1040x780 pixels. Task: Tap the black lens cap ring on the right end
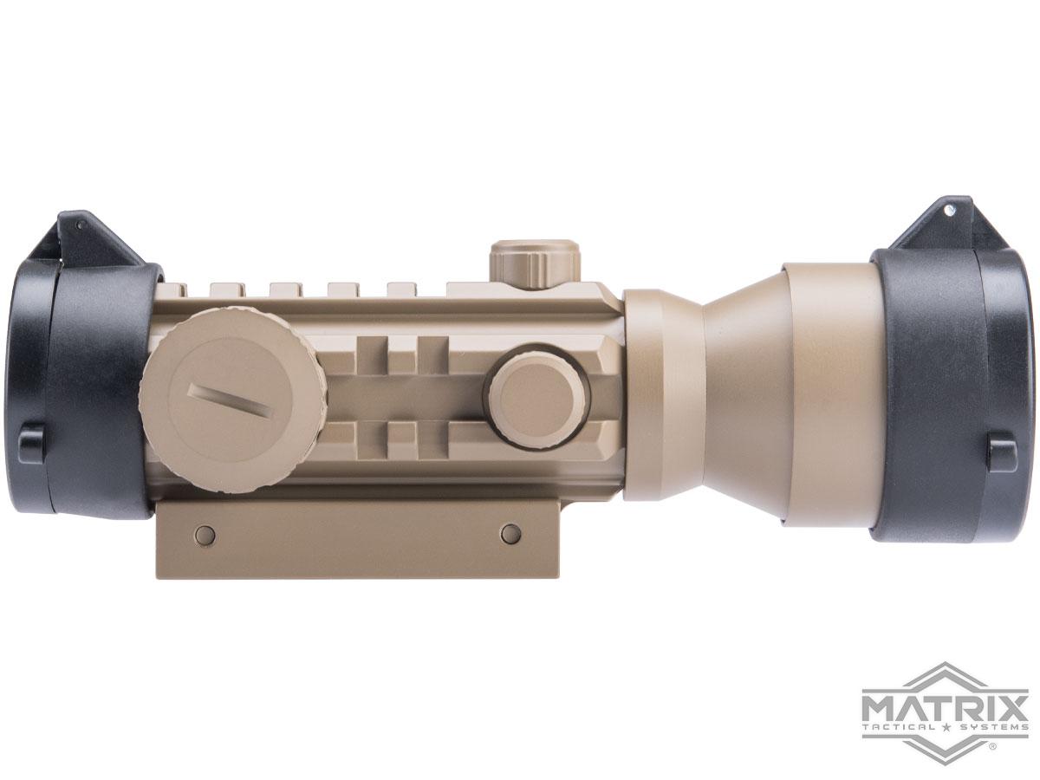[x=945, y=390]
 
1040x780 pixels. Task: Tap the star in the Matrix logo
[x=946, y=729]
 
